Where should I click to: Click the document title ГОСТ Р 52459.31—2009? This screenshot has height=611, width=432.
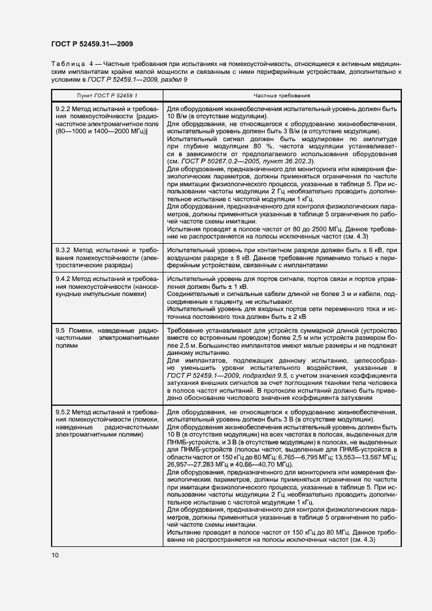pos(93,44)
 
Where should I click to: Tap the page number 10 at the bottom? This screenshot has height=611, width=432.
pos(56,555)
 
